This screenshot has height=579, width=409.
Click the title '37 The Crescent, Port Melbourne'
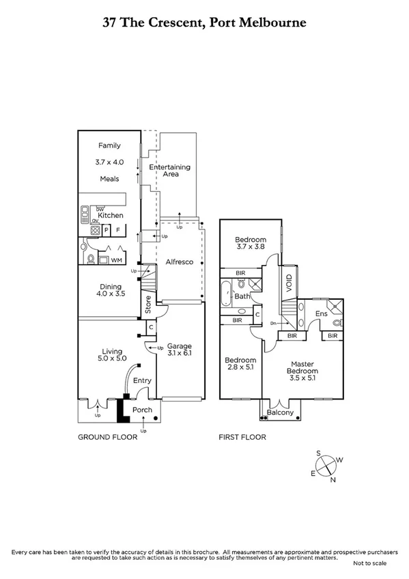pyautogui.click(x=204, y=22)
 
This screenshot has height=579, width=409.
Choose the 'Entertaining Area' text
pyautogui.click(x=170, y=171)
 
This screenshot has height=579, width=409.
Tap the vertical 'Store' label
pyautogui.click(x=148, y=303)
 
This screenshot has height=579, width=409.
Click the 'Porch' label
pyautogui.click(x=142, y=410)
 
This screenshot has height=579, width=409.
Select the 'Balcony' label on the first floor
pyautogui.click(x=280, y=412)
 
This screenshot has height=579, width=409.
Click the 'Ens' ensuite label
pyautogui.click(x=321, y=313)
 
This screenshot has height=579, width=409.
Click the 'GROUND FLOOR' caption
pyautogui.click(x=107, y=437)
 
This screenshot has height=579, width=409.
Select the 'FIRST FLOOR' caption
pyautogui.click(x=242, y=437)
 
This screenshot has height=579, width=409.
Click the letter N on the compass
pyautogui.click(x=333, y=480)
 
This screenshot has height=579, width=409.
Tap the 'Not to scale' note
pyautogui.click(x=369, y=563)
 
